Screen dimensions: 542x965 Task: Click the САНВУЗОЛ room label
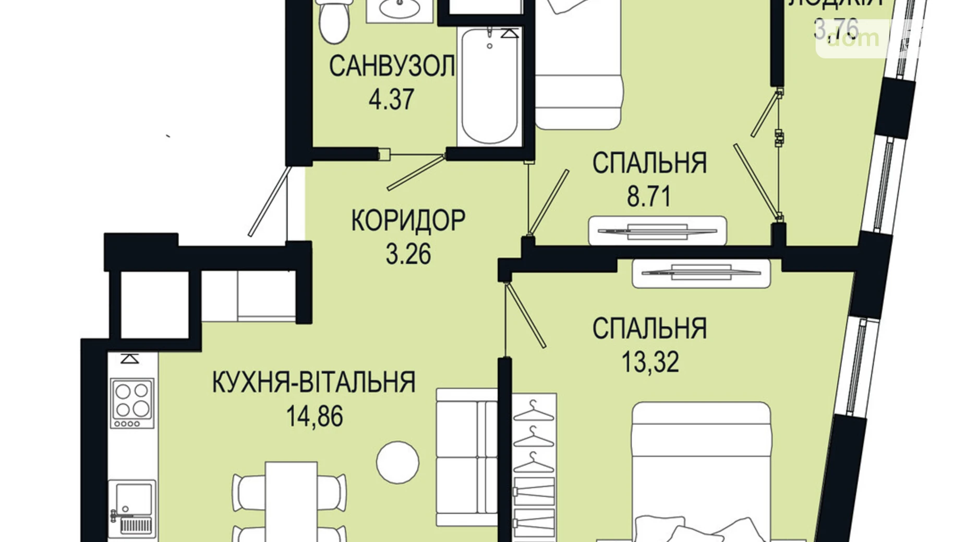[x=391, y=67]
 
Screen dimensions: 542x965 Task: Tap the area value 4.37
[x=391, y=99]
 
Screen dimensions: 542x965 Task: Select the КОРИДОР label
[x=408, y=220]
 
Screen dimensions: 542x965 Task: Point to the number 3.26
[x=408, y=254]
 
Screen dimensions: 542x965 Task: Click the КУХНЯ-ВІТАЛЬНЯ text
[x=313, y=382]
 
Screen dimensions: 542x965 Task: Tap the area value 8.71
[x=648, y=196]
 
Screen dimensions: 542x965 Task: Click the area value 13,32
[x=650, y=362]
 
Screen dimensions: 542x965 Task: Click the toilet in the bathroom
[x=333, y=21]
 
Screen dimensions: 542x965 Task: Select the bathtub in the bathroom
[x=489, y=86]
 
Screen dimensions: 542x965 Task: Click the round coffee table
[x=397, y=462]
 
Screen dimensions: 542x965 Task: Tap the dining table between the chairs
[x=291, y=500]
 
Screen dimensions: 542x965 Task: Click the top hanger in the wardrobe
[x=533, y=411]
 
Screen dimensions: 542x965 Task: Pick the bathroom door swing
[x=415, y=172]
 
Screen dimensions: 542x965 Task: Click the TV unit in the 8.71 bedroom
[x=657, y=230]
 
